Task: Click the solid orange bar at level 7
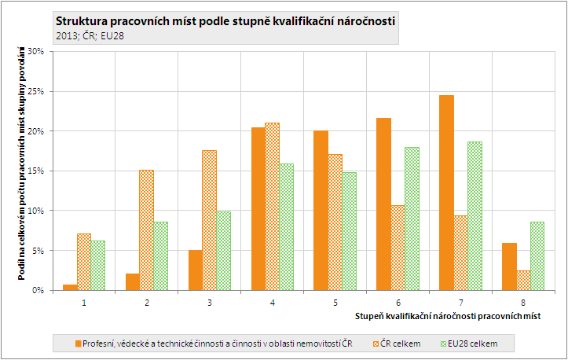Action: [446, 193]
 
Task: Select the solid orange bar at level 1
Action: [70, 287]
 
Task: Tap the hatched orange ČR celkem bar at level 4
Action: [272, 207]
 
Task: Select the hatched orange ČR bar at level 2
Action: [146, 230]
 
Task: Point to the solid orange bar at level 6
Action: [384, 204]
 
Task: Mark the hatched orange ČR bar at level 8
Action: [522, 280]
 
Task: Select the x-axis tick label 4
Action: [271, 301]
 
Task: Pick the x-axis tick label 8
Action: [522, 301]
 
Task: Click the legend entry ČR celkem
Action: [400, 343]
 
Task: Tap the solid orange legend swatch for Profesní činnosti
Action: [78, 343]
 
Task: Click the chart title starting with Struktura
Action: [226, 20]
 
